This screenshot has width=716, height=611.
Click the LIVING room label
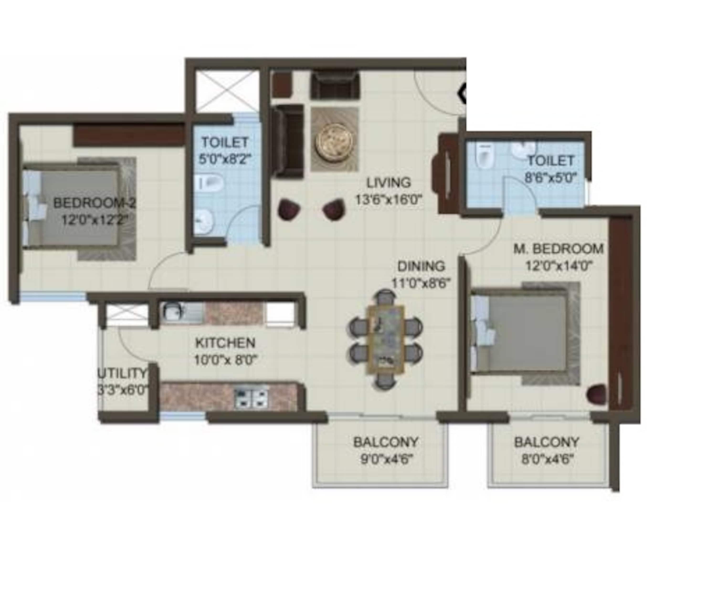coord(388,182)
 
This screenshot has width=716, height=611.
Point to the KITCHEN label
coord(225,343)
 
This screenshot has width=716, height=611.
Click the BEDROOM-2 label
coord(94,203)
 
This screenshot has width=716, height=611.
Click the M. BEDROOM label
coord(558,249)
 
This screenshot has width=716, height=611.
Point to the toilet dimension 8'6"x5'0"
coord(551,178)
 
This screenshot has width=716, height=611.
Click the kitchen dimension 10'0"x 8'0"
coord(226,361)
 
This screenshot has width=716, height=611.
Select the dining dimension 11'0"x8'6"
coord(421,284)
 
